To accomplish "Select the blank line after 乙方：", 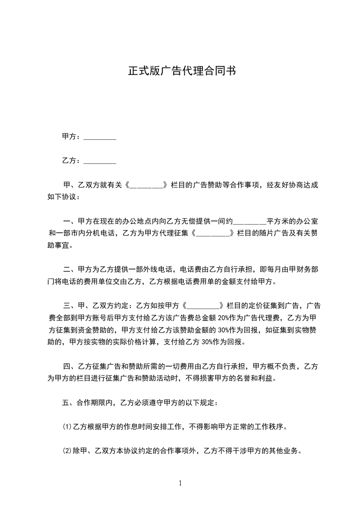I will point(100,161).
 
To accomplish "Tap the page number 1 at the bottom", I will point(180,483).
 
